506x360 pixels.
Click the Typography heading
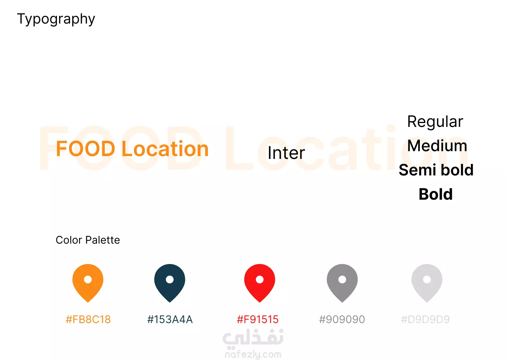56,19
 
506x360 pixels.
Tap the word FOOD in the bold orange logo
86,148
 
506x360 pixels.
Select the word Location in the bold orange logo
165,148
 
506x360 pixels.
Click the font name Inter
286,153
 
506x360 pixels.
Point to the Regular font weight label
435,122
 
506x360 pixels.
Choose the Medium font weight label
437,146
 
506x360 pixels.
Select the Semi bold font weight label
436,170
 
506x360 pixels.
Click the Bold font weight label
435,194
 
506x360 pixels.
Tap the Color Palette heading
87,240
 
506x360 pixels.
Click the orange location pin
88,283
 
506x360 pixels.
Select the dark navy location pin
170,283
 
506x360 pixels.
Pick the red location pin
260,283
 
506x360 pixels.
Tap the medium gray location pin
342,283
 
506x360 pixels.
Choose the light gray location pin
427,283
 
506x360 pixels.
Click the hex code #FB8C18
88,320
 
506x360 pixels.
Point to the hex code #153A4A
170,320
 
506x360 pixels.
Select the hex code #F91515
258,320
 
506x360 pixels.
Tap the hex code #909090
342,320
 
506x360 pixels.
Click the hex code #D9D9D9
425,320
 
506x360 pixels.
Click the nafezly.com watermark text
253,355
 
